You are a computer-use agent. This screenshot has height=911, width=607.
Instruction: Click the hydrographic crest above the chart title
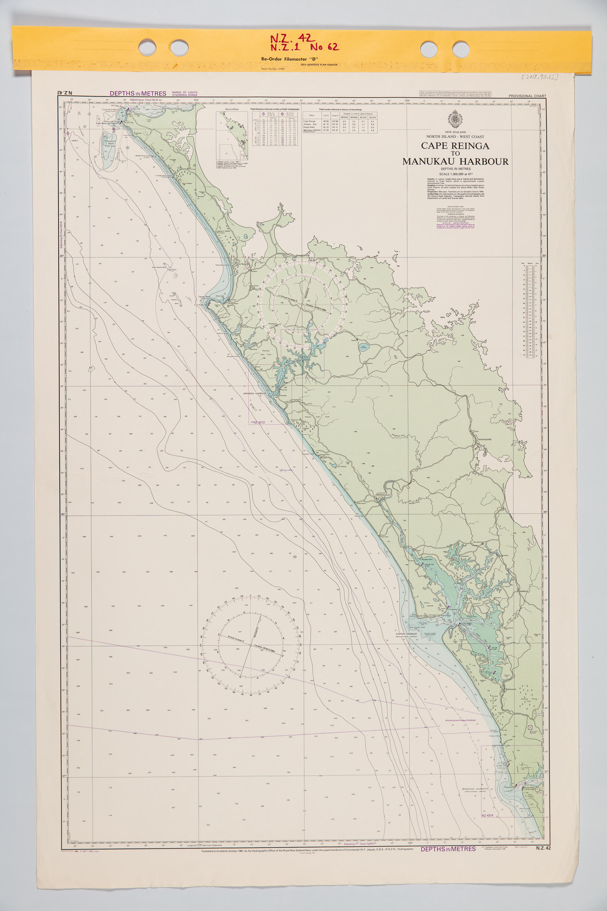pos(455,119)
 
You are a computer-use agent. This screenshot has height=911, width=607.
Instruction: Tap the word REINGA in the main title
pos(470,146)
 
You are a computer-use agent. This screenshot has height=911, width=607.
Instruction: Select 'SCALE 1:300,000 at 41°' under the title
pos(455,174)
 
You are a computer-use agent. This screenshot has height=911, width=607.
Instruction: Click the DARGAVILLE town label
pos(384,495)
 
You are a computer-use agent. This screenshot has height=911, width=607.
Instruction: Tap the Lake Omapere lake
pos(364,347)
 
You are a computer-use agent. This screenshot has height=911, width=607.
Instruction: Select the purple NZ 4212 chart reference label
pos(259,422)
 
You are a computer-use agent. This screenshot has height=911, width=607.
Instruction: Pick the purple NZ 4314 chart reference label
pos(487,815)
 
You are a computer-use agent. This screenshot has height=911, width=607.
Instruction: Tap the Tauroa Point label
pos(204,296)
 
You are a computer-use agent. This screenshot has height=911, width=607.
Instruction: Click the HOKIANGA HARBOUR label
pos(254,393)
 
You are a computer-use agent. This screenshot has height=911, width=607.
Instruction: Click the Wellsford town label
pos(524,592)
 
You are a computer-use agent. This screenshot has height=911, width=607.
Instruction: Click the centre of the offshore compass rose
pos(250,645)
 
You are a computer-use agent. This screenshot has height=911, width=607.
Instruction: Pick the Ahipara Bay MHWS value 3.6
pos(344,124)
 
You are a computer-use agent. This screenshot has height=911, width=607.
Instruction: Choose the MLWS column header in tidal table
pos(372,117)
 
